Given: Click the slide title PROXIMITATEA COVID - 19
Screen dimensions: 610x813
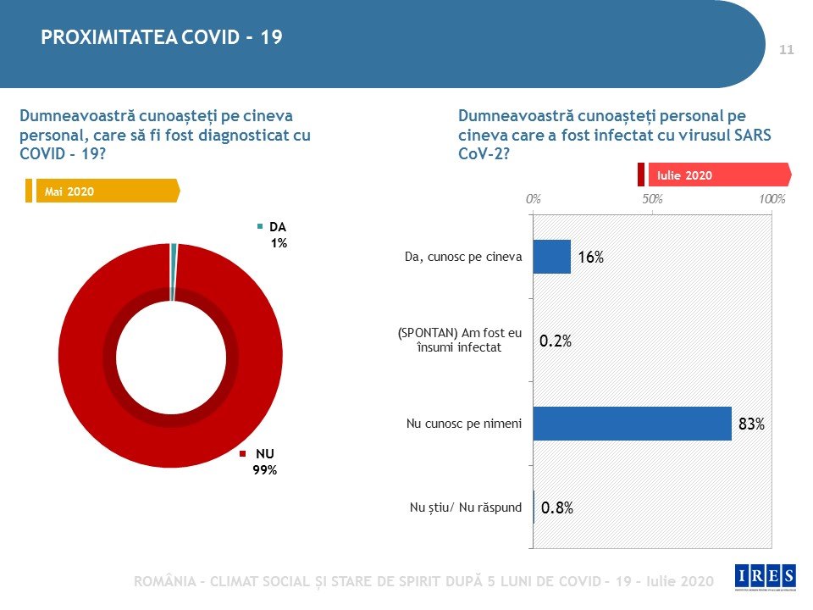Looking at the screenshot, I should (x=162, y=38).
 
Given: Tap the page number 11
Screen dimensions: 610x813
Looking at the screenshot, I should (x=786, y=50).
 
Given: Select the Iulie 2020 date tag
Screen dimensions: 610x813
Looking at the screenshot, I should (x=685, y=175).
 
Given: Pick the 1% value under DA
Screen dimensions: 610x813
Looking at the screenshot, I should (x=279, y=243).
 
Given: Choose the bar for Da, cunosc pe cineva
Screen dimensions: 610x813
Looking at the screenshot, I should (x=552, y=257).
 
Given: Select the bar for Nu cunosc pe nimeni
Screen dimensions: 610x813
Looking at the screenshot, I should (x=632, y=424).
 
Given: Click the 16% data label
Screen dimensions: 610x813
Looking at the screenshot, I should (x=590, y=258).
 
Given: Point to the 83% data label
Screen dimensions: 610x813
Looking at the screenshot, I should (x=751, y=424).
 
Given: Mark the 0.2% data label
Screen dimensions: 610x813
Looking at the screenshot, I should (x=556, y=341).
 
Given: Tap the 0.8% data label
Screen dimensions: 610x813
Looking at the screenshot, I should (x=556, y=508).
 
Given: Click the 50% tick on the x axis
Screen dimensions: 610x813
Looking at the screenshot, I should (x=652, y=200).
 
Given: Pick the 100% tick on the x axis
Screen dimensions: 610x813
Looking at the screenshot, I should (x=772, y=200).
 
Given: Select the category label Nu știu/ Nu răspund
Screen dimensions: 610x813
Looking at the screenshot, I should (x=465, y=508).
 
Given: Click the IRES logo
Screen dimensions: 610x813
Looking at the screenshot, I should (x=766, y=577).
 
